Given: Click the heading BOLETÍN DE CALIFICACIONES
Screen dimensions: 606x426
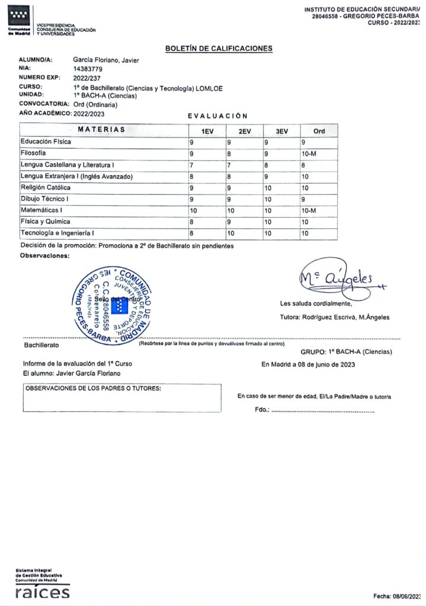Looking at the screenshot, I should coord(219,49).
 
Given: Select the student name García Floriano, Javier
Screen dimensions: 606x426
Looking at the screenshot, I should coord(114,60).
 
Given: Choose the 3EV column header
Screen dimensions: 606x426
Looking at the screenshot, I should coord(281,131).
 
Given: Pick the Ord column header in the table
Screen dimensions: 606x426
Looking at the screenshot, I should coord(319,131).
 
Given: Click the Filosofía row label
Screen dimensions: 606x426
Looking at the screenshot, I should coord(34,153).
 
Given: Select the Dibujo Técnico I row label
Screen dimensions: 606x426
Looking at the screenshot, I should coord(45,199).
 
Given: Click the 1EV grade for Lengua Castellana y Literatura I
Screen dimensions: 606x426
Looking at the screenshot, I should coord(191,165).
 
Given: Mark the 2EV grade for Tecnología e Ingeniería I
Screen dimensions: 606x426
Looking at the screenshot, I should coord(232,233).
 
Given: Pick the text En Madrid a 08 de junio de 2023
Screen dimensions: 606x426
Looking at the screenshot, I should coord(308,365).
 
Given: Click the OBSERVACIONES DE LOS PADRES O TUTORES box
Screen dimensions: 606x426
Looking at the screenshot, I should coord(121,398).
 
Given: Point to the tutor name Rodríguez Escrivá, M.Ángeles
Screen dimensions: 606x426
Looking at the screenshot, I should coord(335,317).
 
